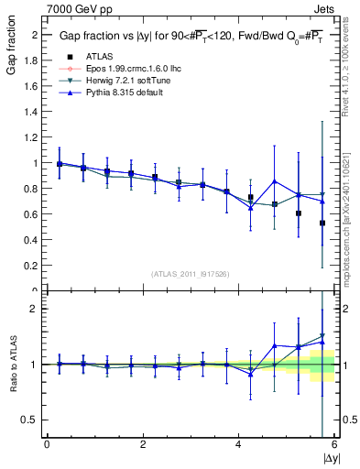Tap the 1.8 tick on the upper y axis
(x=34, y=60)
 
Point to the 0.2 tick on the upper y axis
(x=34, y=266)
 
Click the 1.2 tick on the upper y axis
(x=34, y=137)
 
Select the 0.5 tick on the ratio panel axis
(x=34, y=420)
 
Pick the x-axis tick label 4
(x=238, y=445)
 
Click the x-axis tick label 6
(x=334, y=445)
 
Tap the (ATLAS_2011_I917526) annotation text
(x=191, y=274)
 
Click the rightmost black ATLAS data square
(x=322, y=223)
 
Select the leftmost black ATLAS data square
(x=60, y=164)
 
